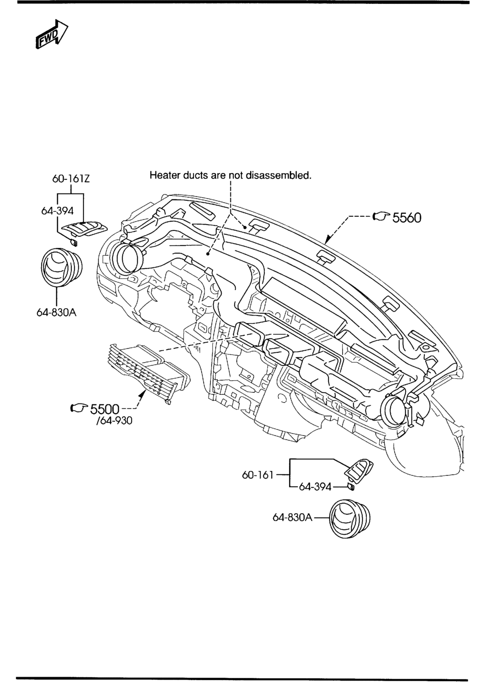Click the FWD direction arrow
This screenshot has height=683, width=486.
click(x=52, y=34)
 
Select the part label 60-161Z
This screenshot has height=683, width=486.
click(x=71, y=178)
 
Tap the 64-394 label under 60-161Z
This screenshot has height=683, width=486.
click(x=57, y=210)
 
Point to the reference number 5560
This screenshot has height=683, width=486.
click(x=406, y=218)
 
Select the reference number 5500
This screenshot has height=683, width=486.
click(x=104, y=409)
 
